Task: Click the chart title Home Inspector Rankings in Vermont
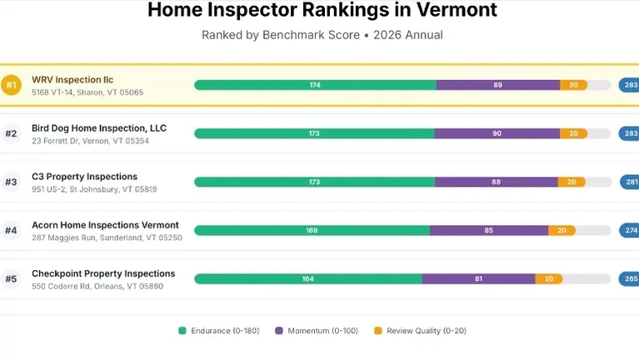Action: pyautogui.click(x=322, y=11)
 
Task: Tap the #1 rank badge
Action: pyautogui.click(x=11, y=85)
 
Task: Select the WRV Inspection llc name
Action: pyautogui.click(x=72, y=80)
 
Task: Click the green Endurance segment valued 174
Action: pyautogui.click(x=315, y=85)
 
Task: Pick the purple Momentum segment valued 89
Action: pyautogui.click(x=497, y=85)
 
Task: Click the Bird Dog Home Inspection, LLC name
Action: pyautogui.click(x=99, y=128)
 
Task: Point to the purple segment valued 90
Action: pyautogui.click(x=497, y=133)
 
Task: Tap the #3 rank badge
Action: pyautogui.click(x=11, y=182)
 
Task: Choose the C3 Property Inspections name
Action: pyautogui.click(x=84, y=177)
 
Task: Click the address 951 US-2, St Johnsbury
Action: pyautogui.click(x=94, y=189)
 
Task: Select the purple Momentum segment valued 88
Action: pyautogui.click(x=496, y=182)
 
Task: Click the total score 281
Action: pyautogui.click(x=630, y=182)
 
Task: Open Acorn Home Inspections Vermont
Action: pyautogui.click(x=105, y=225)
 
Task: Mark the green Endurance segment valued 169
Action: pyautogui.click(x=312, y=230)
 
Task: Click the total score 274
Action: pyautogui.click(x=630, y=230)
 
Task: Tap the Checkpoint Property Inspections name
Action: pyautogui.click(x=103, y=273)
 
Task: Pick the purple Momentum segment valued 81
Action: pyautogui.click(x=478, y=278)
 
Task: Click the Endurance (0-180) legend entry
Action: pyautogui.click(x=218, y=331)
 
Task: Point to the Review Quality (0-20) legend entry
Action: pyautogui.click(x=419, y=331)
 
